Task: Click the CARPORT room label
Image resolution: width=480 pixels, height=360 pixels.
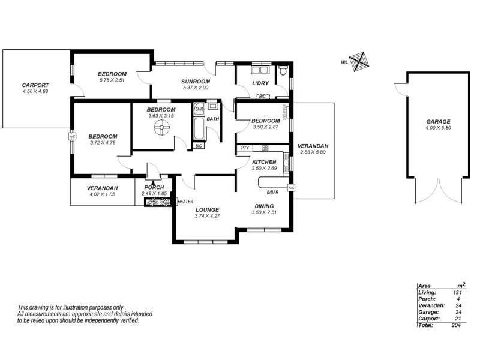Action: point(35,85)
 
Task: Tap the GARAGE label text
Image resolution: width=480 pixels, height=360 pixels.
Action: point(437,121)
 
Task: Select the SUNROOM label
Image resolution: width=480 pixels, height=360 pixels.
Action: point(196,82)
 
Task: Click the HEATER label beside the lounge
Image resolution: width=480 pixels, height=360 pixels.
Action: point(185,202)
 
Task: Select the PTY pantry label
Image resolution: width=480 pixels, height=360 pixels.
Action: point(244,148)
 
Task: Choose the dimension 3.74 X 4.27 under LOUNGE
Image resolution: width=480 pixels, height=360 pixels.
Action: point(207,216)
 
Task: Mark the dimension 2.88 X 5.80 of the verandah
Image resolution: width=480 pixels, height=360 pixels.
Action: point(313,152)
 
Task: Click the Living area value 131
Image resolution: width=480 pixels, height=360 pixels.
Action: point(457,292)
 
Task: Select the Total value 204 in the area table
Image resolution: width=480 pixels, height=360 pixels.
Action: point(457,325)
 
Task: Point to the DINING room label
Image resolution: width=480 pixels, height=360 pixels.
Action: point(264,205)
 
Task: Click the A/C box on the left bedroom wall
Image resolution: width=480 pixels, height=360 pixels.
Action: point(72,137)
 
